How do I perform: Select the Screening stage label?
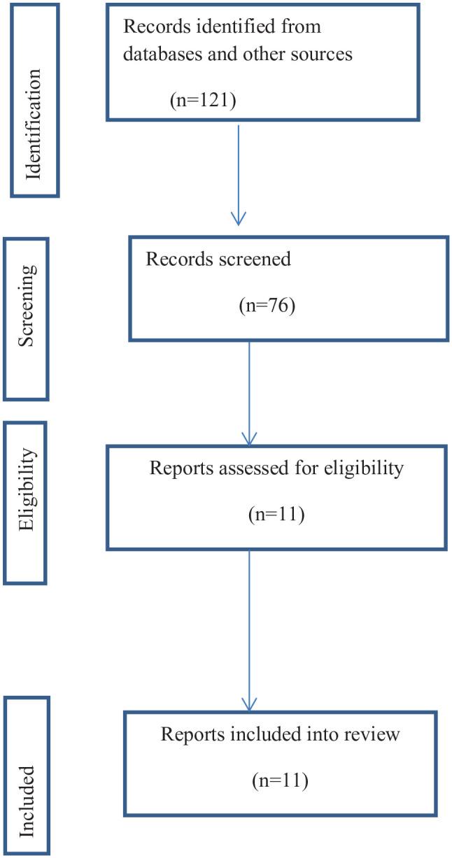pyautogui.click(x=26, y=319)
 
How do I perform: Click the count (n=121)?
pyautogui.click(x=204, y=100)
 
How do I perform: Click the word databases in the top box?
pyautogui.click(x=162, y=55)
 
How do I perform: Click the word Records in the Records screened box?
pyautogui.click(x=172, y=259)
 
